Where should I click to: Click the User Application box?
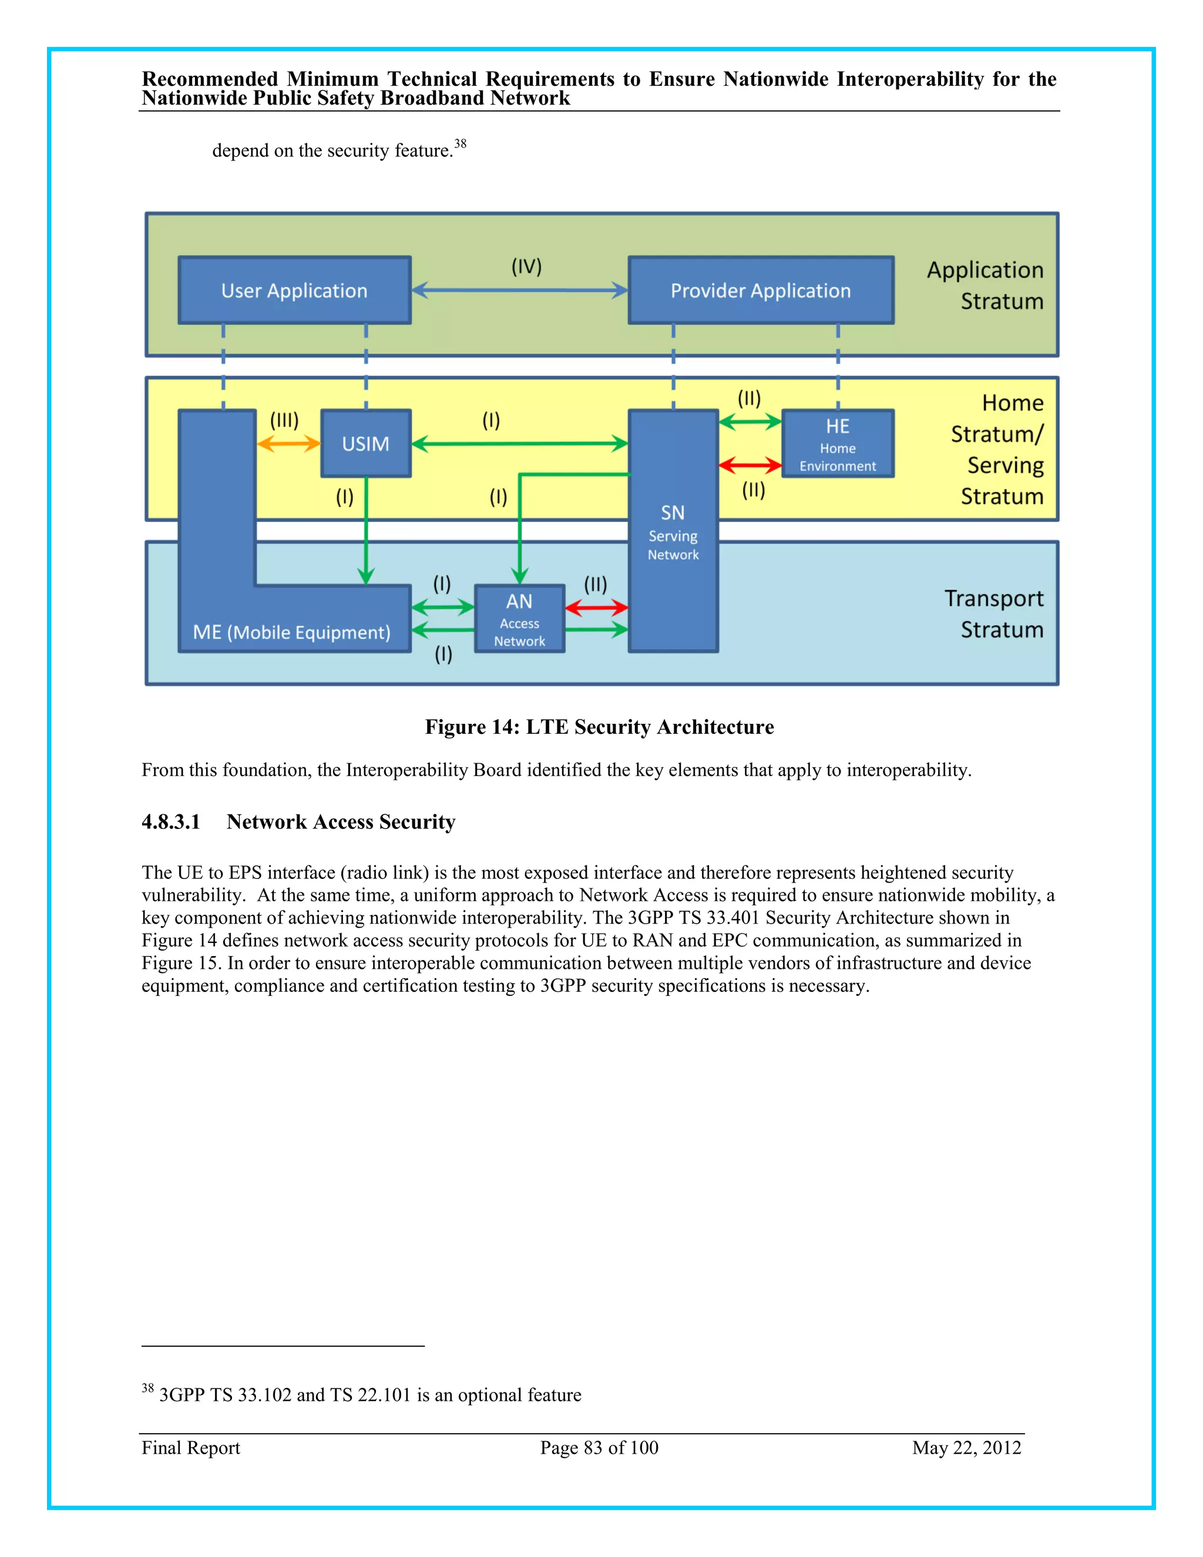pos(294,290)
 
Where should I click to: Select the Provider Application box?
pos(761,290)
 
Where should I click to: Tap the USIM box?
pos(365,444)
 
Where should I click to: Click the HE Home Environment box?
pos(838,444)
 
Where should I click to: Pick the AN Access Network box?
pos(519,619)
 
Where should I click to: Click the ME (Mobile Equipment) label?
pos(291,632)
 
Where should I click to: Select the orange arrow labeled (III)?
pos(288,444)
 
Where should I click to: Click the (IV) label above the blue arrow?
pos(527,267)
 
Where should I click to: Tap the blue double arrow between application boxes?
pos(519,290)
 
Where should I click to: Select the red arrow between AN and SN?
pos(597,608)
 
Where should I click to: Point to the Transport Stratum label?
pos(994,614)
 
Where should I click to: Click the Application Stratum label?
pos(986,285)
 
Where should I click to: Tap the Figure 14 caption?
pos(599,726)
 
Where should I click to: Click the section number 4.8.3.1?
pos(171,822)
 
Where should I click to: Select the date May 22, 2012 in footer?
pos(966,1448)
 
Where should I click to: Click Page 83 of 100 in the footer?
pos(599,1448)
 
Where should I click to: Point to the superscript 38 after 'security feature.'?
pos(461,143)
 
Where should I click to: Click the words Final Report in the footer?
pos(191,1448)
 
